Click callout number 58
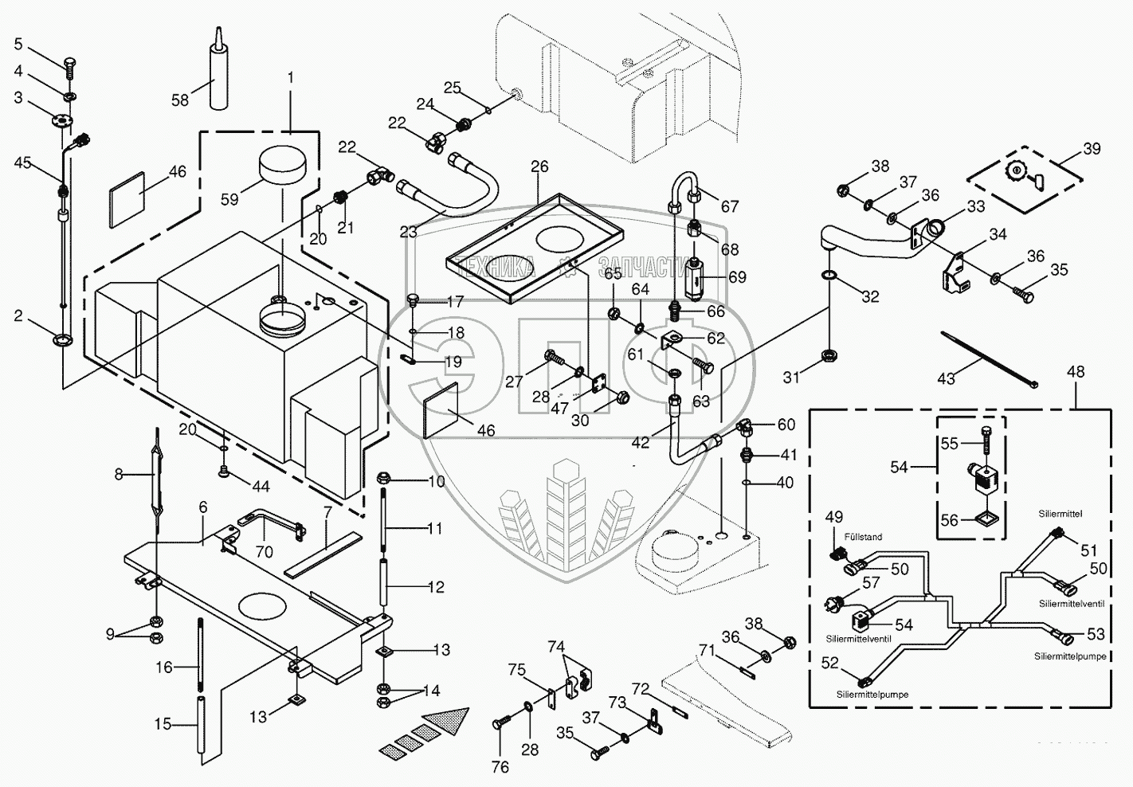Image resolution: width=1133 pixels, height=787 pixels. tap(180, 100)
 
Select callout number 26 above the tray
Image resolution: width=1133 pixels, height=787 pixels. tap(539, 166)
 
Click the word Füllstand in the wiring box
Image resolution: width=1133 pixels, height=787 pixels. tap(864, 537)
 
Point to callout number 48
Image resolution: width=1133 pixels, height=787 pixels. tap(1076, 372)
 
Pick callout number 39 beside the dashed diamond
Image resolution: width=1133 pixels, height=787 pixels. tap(1092, 149)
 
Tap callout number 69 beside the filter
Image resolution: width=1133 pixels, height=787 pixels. tap(737, 276)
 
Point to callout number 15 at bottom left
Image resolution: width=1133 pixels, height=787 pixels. tap(163, 724)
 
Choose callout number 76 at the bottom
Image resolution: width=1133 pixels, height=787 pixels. tap(499, 767)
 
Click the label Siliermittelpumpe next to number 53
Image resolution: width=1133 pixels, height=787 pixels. tap(1070, 656)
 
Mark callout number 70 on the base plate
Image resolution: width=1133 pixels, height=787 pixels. tap(264, 551)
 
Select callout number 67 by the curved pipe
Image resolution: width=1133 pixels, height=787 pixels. tap(730, 207)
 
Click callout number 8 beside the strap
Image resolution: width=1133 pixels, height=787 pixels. tap(119, 474)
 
